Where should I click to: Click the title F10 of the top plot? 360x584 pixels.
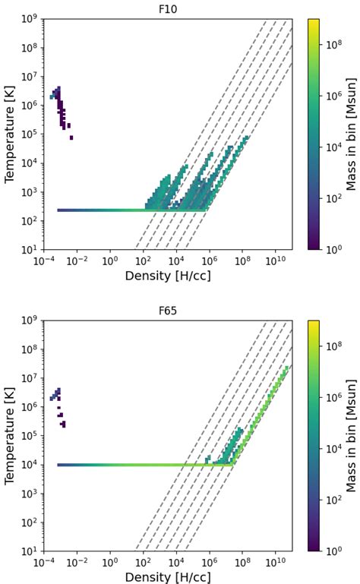[x=169, y=8]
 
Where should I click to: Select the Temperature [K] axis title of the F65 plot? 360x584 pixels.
[x=10, y=434]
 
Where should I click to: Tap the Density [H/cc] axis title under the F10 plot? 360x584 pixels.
[x=169, y=275]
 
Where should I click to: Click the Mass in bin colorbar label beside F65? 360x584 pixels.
[x=352, y=434]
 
